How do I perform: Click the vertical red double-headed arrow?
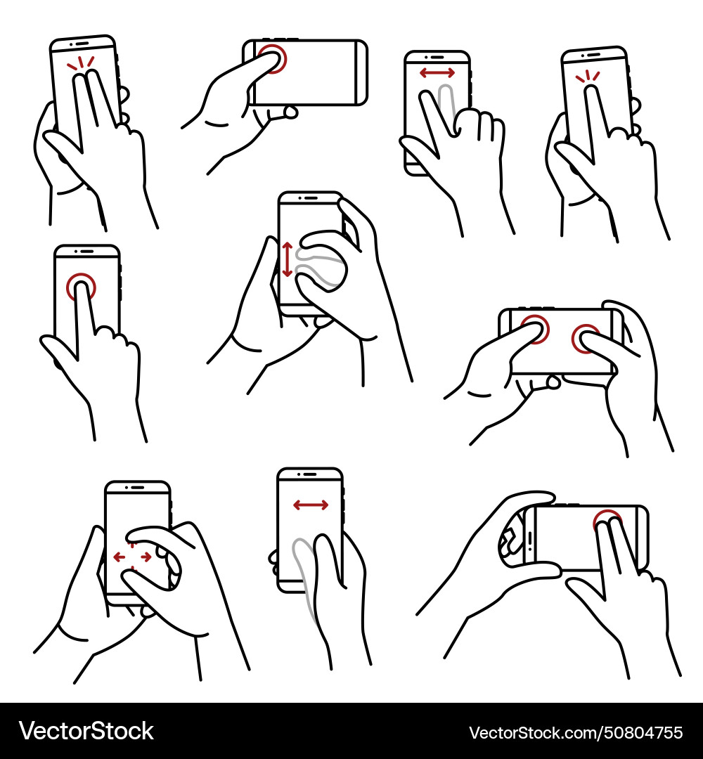click(x=287, y=259)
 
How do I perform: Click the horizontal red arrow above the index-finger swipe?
click(x=437, y=72)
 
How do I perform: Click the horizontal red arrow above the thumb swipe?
click(x=310, y=505)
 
